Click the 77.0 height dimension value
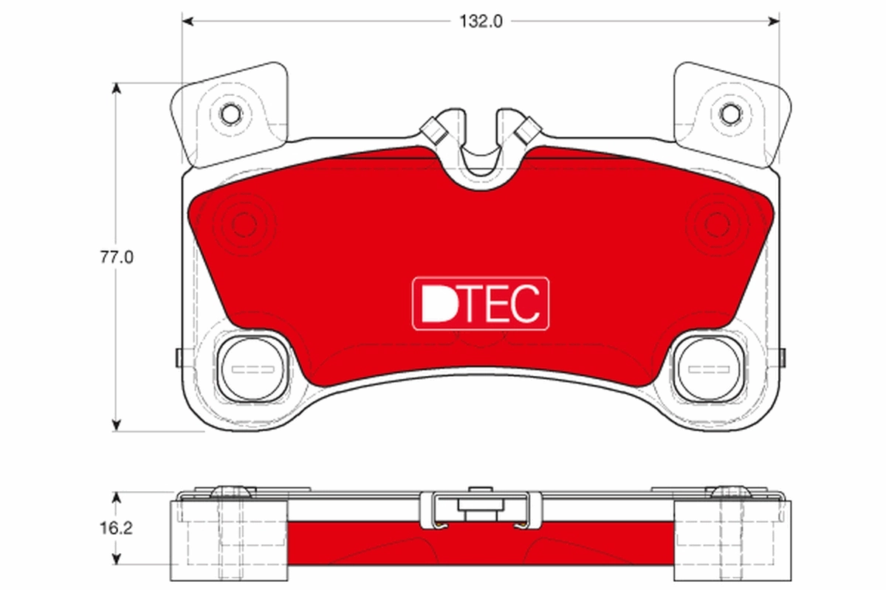[116, 257]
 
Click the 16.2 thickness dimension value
[116, 529]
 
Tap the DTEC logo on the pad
[481, 303]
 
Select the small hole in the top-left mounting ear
[231, 114]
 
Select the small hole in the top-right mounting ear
[730, 114]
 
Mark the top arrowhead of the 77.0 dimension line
[116, 88]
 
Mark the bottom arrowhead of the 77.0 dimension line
[116, 425]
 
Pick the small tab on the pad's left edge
[179, 357]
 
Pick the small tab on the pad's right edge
[781, 357]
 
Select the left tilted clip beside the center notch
[433, 131]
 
